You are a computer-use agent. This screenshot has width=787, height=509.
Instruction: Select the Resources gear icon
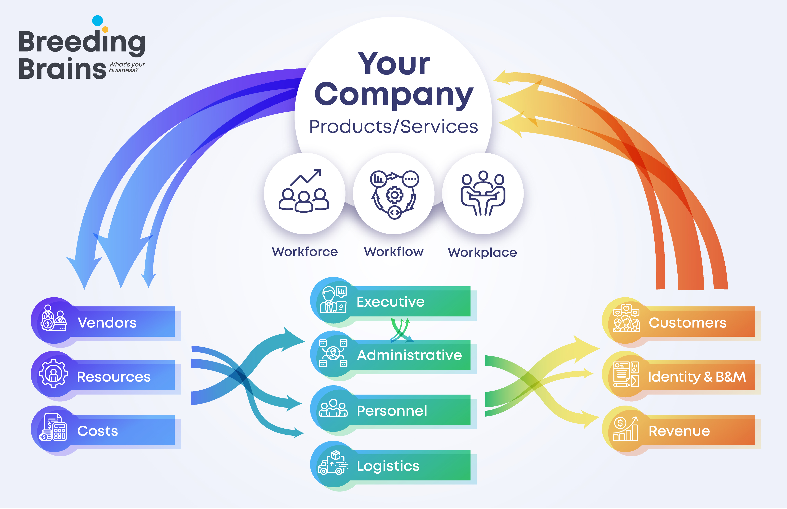pos(53,374)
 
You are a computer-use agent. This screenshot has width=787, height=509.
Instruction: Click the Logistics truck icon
pos(333,463)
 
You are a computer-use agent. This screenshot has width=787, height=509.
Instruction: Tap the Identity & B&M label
pos(696,377)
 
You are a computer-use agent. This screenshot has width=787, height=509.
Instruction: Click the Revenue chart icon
pos(625,429)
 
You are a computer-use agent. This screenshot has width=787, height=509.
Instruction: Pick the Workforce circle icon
pos(304,191)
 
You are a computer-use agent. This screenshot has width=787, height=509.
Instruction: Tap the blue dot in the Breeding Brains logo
pos(98,20)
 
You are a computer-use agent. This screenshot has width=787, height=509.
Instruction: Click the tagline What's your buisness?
pos(127,67)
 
